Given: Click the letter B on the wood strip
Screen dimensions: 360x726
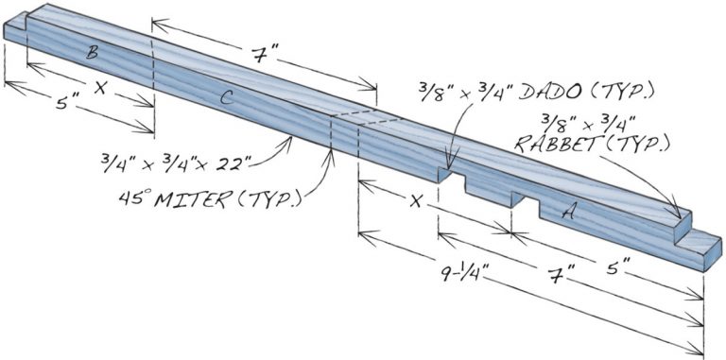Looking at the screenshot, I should tap(92, 54).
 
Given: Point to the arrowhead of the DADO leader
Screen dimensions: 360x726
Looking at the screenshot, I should tap(450, 168).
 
